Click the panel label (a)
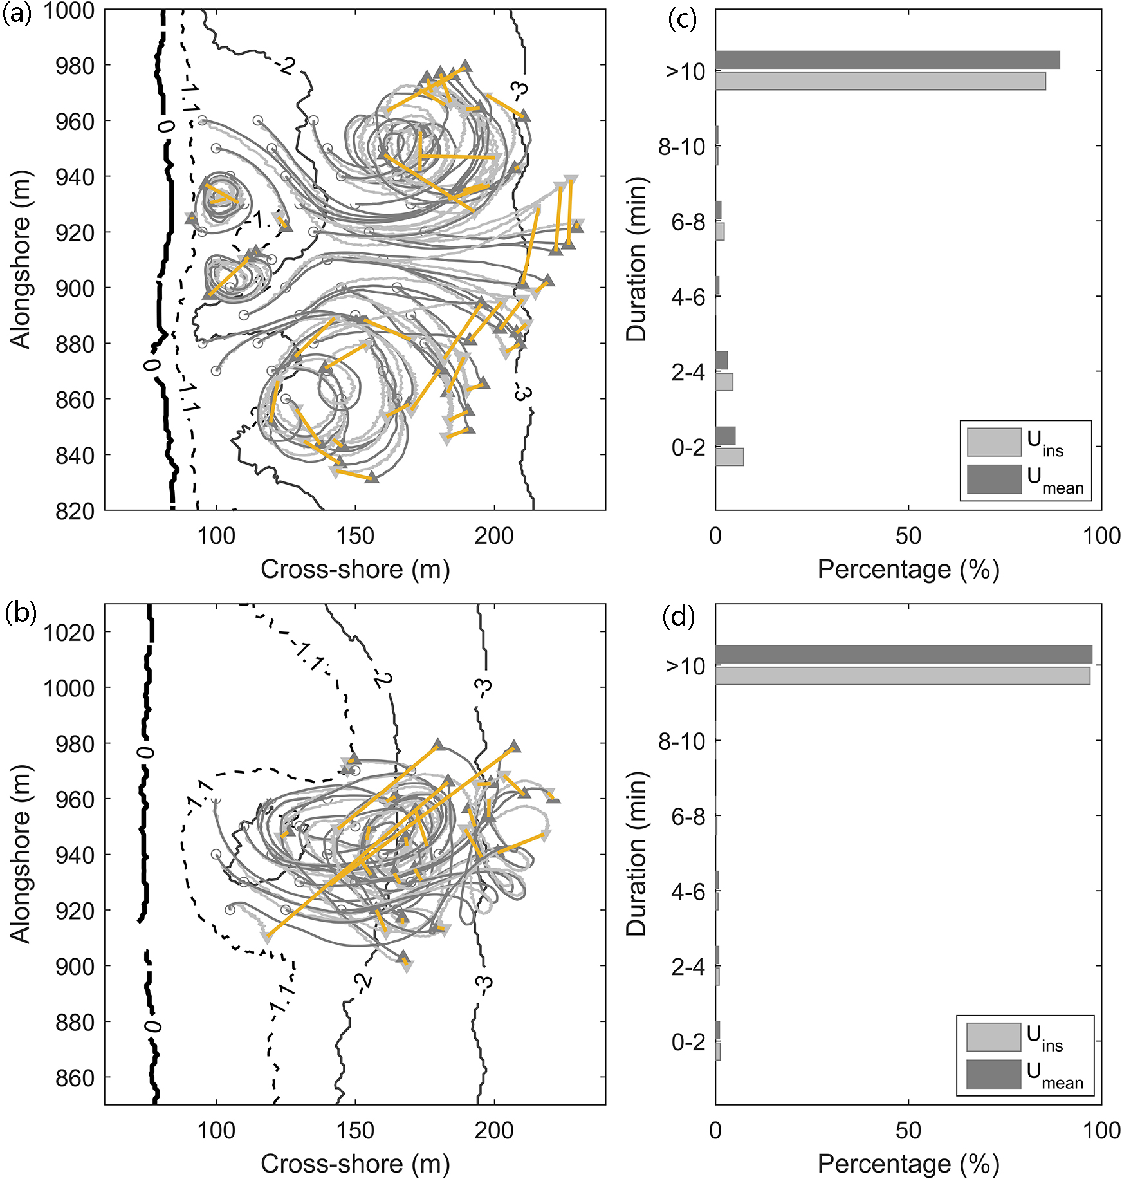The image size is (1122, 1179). [17, 14]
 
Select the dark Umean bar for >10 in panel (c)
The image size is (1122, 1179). [887, 60]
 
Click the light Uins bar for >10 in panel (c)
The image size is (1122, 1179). [880, 81]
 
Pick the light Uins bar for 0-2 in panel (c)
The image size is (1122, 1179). [730, 457]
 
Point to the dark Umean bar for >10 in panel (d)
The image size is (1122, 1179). [903, 654]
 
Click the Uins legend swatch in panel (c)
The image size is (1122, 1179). [993, 442]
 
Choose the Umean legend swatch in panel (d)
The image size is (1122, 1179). [993, 1074]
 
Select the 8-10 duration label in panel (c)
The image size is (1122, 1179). [681, 147]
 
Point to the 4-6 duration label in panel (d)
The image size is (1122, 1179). [688, 892]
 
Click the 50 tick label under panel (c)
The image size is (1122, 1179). [908, 536]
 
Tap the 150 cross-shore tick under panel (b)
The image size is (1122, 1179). [355, 1131]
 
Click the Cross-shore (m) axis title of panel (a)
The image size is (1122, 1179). [355, 569]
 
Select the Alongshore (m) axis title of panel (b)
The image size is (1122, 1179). [21, 854]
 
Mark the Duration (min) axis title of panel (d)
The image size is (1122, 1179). [636, 854]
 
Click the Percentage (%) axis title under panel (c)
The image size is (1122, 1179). [908, 569]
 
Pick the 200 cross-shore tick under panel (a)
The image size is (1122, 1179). [494, 536]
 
